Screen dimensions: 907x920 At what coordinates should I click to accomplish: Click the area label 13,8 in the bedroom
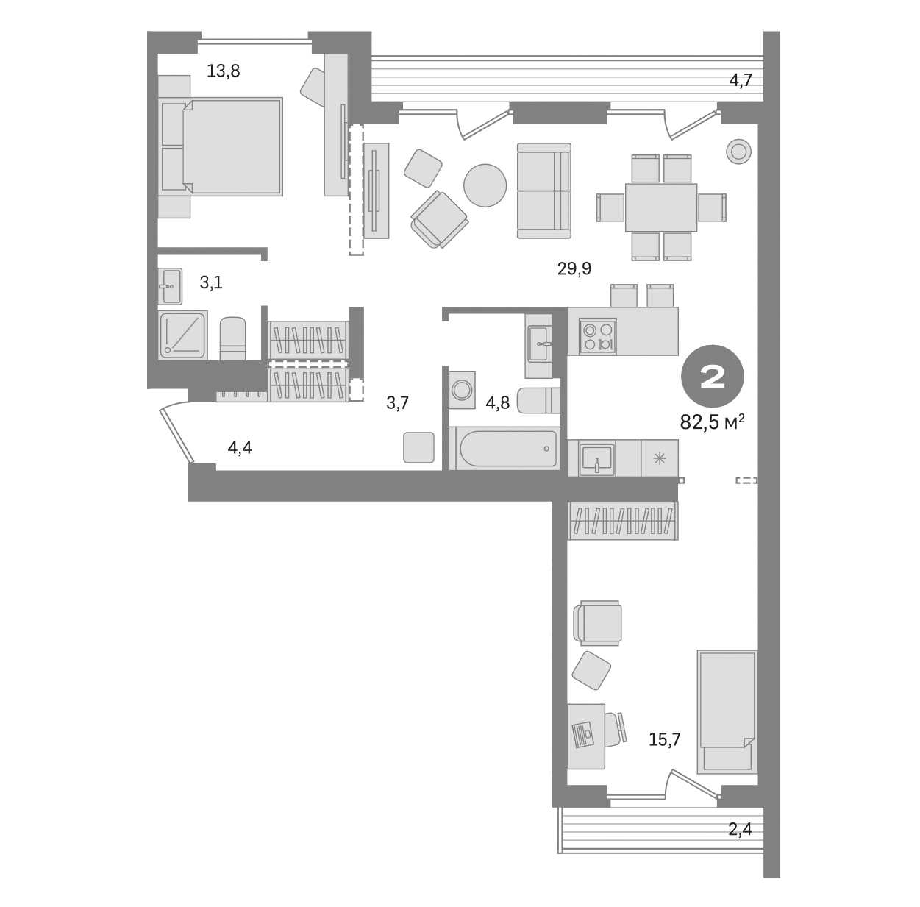224,71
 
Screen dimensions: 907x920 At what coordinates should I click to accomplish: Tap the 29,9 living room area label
574,268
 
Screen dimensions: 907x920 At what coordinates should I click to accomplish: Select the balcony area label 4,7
740,81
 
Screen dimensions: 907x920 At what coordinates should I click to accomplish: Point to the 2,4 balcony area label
740,830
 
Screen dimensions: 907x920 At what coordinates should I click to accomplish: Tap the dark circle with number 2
713,377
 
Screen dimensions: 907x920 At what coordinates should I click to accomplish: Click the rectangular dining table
660,207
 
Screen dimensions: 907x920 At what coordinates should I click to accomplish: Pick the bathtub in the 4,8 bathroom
507,447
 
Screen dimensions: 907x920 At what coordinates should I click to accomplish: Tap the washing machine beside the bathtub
463,390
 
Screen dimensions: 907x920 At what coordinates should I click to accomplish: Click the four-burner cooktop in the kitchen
596,335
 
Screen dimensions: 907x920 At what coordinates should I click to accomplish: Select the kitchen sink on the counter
596,458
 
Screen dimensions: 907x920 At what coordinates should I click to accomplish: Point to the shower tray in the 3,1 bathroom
182,334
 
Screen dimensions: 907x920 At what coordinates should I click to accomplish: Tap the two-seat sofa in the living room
543,191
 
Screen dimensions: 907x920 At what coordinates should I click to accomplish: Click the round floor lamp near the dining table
738,152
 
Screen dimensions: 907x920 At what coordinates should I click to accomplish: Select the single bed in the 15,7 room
727,710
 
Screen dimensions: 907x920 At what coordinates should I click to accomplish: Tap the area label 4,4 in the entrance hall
240,447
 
